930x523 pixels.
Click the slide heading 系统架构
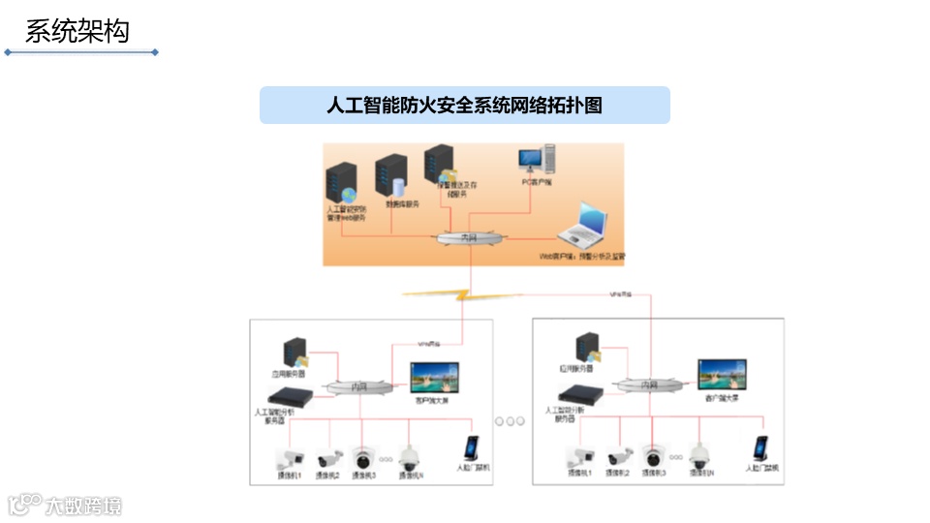pyautogui.click(x=77, y=31)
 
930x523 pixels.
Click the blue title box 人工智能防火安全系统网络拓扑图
pyautogui.click(x=464, y=106)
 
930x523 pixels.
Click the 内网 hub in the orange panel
pyautogui.click(x=470, y=237)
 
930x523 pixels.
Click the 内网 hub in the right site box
pyautogui.click(x=650, y=385)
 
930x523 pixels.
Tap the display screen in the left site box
pyautogui.click(x=434, y=378)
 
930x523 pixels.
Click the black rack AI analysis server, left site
pyautogui.click(x=292, y=395)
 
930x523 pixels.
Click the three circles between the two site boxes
pyautogui.click(x=509, y=421)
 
